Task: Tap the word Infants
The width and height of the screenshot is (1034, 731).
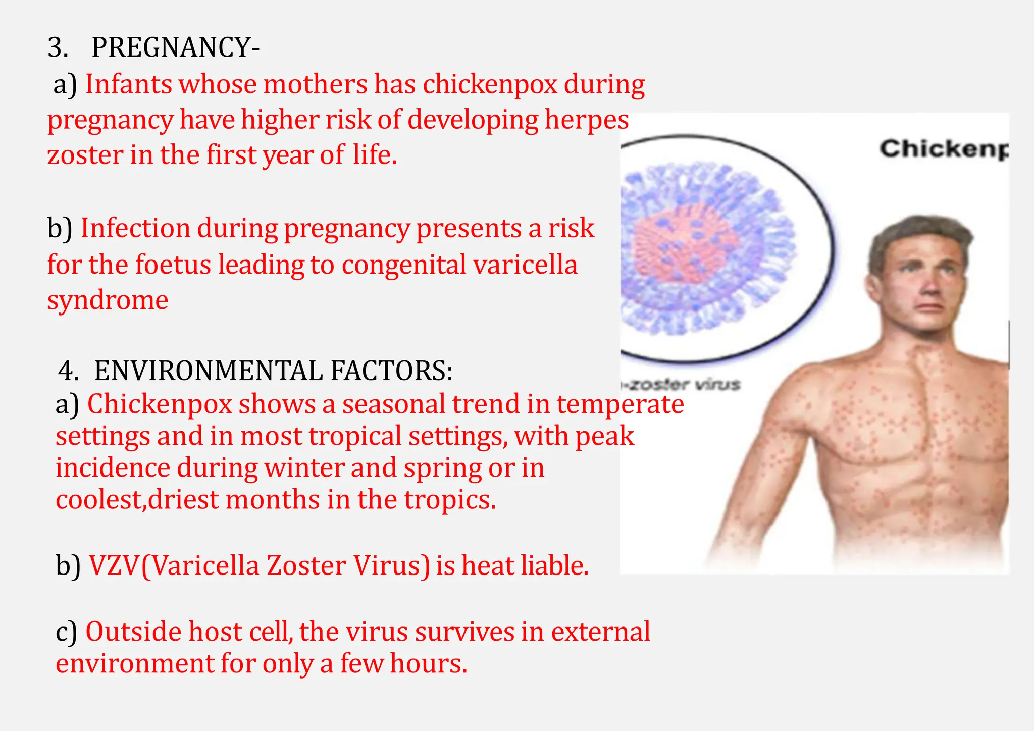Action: click(x=129, y=84)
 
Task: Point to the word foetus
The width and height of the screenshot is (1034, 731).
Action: click(x=173, y=265)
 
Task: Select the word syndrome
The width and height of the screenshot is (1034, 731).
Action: click(x=108, y=301)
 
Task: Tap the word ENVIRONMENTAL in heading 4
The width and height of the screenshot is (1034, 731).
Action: click(x=208, y=371)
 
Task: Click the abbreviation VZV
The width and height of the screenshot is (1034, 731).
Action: click(x=114, y=565)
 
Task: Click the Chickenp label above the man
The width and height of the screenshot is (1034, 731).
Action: click(x=943, y=149)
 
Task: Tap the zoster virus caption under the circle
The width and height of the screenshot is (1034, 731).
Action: click(x=682, y=385)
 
